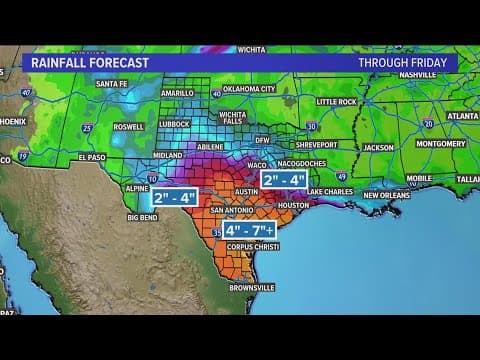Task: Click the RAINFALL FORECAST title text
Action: click(x=90, y=63)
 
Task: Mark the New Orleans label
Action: click(x=386, y=195)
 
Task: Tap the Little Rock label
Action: click(x=336, y=102)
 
